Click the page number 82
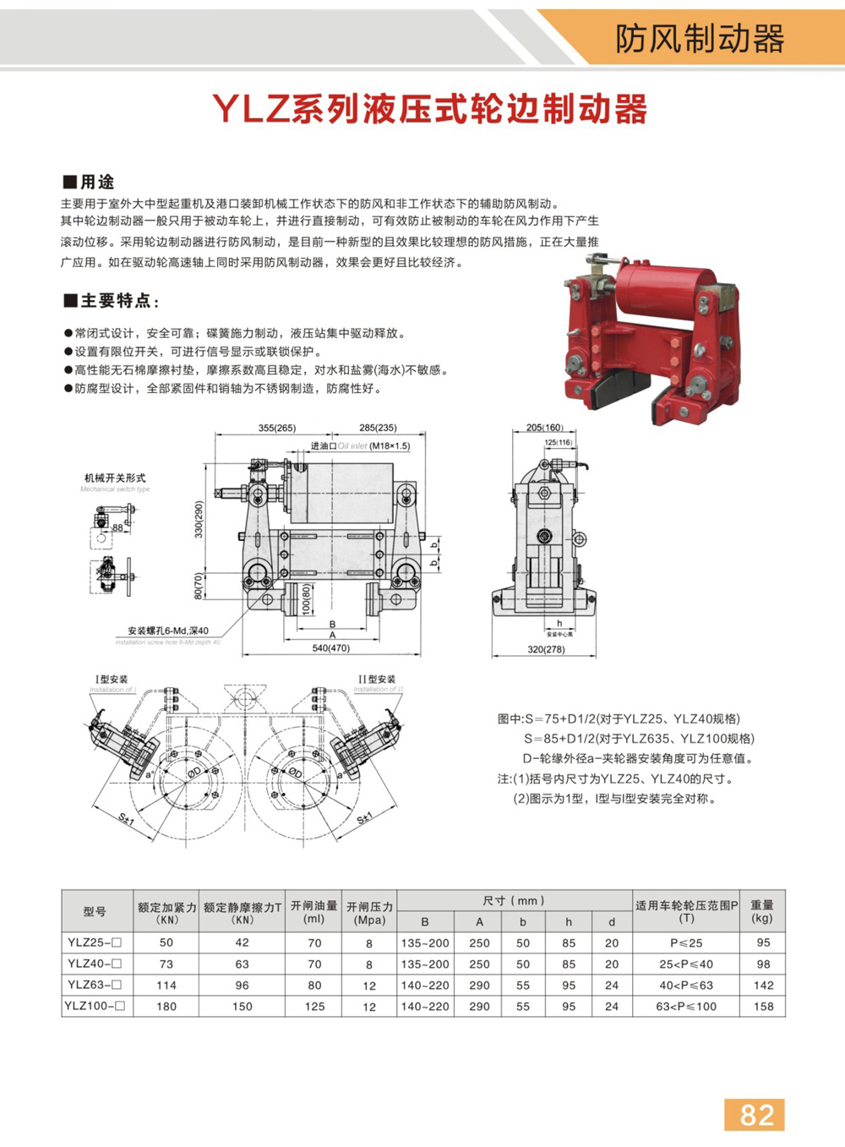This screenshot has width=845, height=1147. click(755, 1115)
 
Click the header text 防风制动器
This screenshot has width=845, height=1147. click(700, 39)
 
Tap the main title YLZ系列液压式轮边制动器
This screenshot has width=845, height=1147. click(429, 109)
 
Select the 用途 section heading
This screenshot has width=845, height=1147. click(90, 182)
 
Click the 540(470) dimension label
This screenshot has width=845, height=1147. click(330, 648)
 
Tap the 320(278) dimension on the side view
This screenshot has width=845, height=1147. click(545, 649)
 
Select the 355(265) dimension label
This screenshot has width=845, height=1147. click(277, 428)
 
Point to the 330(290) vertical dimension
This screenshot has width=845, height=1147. click(199, 519)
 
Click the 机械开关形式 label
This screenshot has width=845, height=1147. click(115, 478)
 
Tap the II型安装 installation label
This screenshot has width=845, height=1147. click(377, 679)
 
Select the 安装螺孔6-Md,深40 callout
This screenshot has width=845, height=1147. click(168, 631)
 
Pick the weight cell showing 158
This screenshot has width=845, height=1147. click(763, 1006)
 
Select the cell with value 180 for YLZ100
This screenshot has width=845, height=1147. click(166, 1006)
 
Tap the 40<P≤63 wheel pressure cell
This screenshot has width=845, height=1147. click(685, 985)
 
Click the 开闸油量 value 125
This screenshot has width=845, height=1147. click(314, 1006)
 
